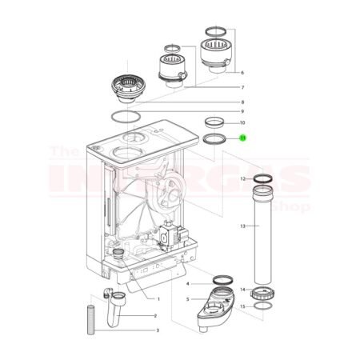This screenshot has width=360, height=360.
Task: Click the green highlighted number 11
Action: click(x=243, y=138)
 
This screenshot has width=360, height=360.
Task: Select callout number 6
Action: click(x=242, y=72)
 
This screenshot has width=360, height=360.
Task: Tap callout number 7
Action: click(x=242, y=87)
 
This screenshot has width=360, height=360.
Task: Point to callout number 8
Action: click(x=242, y=102)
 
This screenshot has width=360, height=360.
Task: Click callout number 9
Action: click(x=242, y=111)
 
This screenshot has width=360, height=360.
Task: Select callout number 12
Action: click(x=242, y=178)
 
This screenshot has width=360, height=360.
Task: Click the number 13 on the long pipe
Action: click(x=242, y=226)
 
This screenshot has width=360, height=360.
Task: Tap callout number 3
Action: click(x=157, y=330)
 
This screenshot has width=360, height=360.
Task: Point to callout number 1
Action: click(x=158, y=298)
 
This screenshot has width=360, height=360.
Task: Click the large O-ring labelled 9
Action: click(x=123, y=117)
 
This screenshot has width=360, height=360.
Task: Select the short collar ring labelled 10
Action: click(x=214, y=122)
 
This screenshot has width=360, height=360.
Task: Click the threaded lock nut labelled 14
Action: click(x=262, y=290)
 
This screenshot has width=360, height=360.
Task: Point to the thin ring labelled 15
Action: click(x=262, y=306)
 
